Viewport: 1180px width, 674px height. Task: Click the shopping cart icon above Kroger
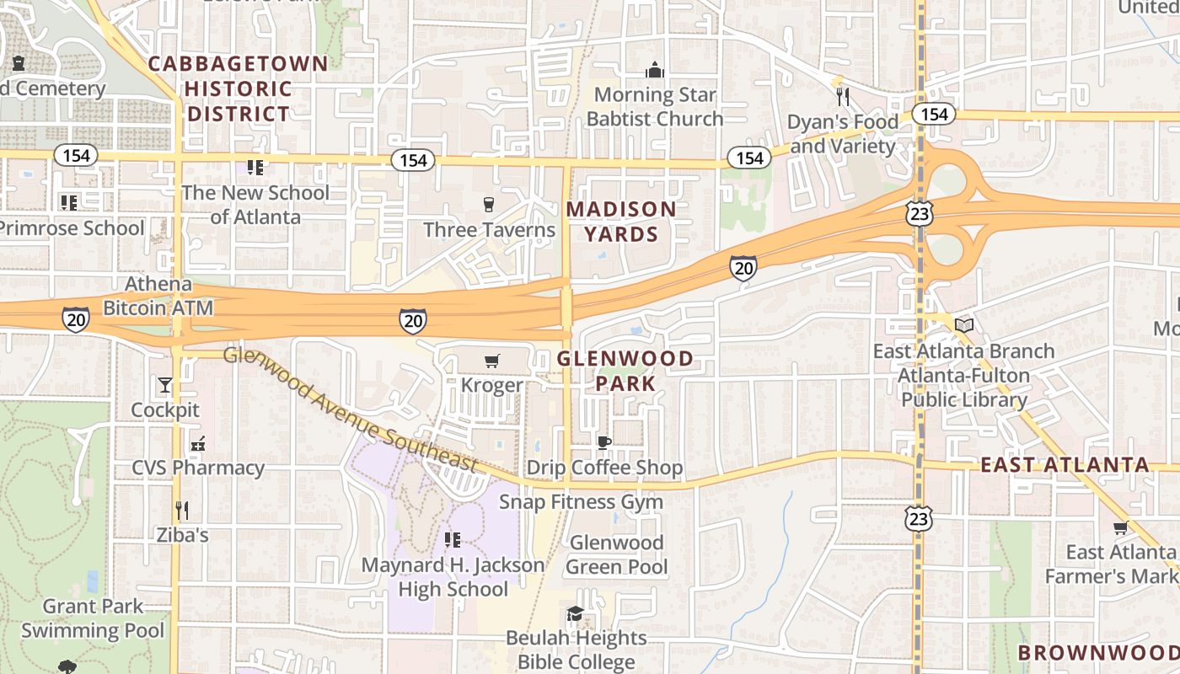tap(492, 361)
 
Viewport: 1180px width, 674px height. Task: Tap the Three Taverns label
tap(489, 230)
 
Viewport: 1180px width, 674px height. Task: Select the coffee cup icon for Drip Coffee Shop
tap(603, 442)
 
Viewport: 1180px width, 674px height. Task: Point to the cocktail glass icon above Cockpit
tap(165, 385)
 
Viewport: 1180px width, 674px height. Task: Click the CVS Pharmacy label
tap(198, 468)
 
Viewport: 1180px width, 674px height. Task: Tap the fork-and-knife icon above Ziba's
tap(181, 510)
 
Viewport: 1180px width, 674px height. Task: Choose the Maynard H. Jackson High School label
tap(453, 576)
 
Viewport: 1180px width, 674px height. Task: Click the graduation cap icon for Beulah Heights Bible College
tap(576, 613)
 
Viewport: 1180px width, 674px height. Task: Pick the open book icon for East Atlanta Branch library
tap(964, 325)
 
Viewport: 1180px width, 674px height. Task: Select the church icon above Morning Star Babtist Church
tap(655, 70)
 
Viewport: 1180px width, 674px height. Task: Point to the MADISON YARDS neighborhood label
tap(621, 221)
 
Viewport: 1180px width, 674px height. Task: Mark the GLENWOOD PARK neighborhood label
tap(625, 371)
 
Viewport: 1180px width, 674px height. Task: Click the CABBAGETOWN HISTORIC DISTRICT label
tap(238, 88)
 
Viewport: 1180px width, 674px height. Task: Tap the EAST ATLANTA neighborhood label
tap(1065, 465)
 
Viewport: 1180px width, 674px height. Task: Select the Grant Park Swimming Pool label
tap(93, 618)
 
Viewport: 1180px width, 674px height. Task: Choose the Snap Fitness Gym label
tap(581, 502)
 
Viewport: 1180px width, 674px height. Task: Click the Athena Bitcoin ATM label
tap(158, 296)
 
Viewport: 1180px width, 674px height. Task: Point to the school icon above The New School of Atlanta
tap(255, 168)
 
